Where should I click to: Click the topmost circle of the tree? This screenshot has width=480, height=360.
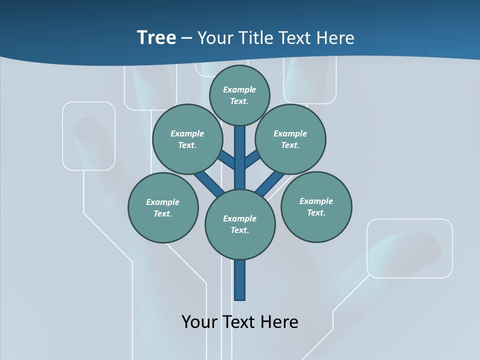(239, 95)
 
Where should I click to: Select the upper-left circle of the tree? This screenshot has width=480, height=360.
(187, 139)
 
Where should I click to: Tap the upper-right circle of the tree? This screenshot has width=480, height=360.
(290, 139)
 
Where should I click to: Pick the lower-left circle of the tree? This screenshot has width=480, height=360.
(163, 207)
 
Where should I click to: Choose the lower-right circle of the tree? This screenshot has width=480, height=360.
(316, 206)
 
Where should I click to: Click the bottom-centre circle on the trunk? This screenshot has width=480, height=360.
(240, 224)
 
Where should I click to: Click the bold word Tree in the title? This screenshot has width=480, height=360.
(156, 37)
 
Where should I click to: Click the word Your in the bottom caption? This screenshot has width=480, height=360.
(199, 321)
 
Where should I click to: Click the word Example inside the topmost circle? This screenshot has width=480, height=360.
(239, 89)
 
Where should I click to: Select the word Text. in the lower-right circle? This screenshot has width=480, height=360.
(316, 212)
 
